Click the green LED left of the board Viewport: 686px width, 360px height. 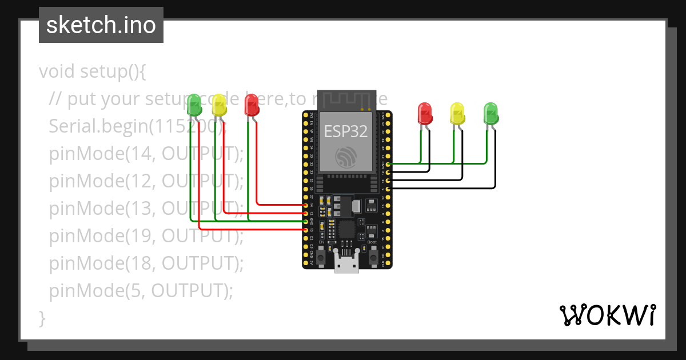coord(194,105)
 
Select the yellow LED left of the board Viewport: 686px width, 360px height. coord(219,106)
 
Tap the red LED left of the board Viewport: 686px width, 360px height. coord(252,105)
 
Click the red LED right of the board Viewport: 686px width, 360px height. coord(425,113)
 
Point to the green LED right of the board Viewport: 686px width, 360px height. coord(490,113)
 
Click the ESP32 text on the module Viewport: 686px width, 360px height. coord(346,131)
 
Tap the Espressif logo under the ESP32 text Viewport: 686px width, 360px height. coord(346,156)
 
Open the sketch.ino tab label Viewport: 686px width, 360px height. coord(101,25)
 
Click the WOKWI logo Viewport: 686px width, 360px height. coord(607,315)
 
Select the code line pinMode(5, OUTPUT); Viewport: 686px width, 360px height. coord(141,291)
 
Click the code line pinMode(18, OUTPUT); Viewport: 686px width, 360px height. coord(146,263)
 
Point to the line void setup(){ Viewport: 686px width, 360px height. coord(93,71)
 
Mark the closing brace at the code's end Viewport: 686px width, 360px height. coord(42,318)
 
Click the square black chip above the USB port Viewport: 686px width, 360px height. coord(346,230)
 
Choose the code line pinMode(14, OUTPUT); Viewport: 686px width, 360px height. coord(146,154)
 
